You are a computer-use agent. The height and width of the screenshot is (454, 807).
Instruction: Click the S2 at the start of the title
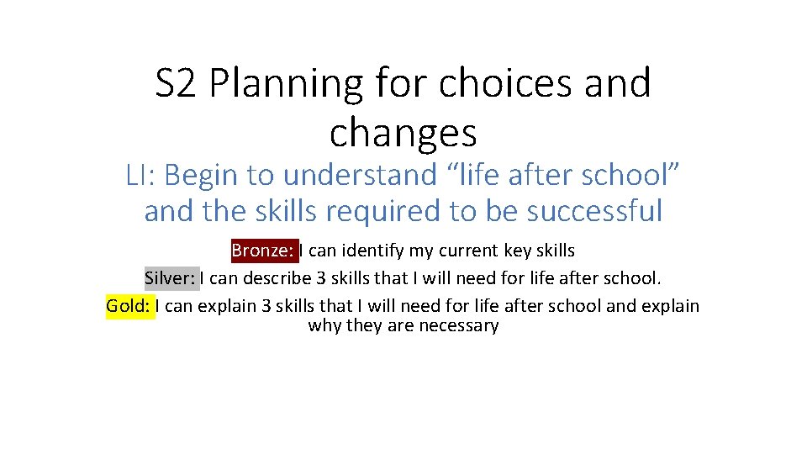click(x=174, y=84)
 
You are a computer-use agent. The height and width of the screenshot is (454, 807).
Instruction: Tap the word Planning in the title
click(x=285, y=84)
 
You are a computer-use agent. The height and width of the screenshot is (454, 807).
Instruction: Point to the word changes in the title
click(x=403, y=132)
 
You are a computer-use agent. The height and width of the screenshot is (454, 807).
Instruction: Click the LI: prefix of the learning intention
click(x=142, y=176)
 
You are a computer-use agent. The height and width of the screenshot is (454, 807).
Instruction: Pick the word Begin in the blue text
click(x=198, y=176)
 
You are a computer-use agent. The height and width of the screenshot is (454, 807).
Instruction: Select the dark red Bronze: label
click(x=264, y=251)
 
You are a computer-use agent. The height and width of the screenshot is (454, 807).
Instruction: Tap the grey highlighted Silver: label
click(x=171, y=278)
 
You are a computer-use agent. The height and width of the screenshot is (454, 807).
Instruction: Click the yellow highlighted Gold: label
click(x=130, y=305)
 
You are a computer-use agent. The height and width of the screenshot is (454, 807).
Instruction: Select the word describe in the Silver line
click(x=272, y=278)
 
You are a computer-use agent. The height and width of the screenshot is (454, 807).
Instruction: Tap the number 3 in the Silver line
click(x=314, y=278)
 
